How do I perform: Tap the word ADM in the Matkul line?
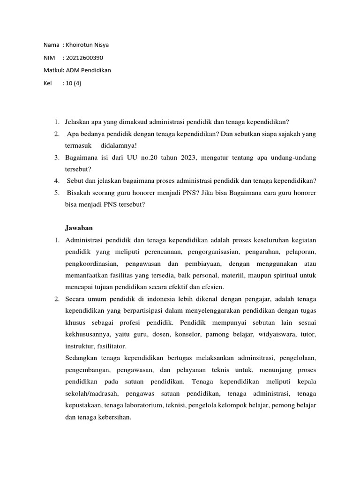pos(72,70)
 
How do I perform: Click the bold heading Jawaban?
pos(79,228)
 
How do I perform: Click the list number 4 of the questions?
pos(56,181)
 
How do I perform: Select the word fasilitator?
pos(112,347)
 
